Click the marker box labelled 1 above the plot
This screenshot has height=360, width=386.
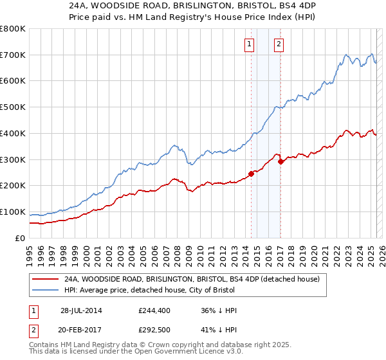pyautogui.click(x=249, y=44)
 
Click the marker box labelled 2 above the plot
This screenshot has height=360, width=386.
pyautogui.click(x=279, y=44)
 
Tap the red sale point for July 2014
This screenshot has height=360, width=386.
pyautogui.click(x=252, y=174)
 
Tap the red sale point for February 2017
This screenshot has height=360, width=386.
pyautogui.click(x=280, y=161)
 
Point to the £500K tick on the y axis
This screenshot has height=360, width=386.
pyautogui.click(x=13, y=107)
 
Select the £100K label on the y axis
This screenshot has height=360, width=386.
pyautogui.click(x=13, y=212)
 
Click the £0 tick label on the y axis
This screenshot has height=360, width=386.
pyautogui.click(x=21, y=238)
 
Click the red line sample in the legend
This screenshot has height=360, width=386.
pyautogui.click(x=45, y=280)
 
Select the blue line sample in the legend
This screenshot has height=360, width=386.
pyautogui.click(x=45, y=291)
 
